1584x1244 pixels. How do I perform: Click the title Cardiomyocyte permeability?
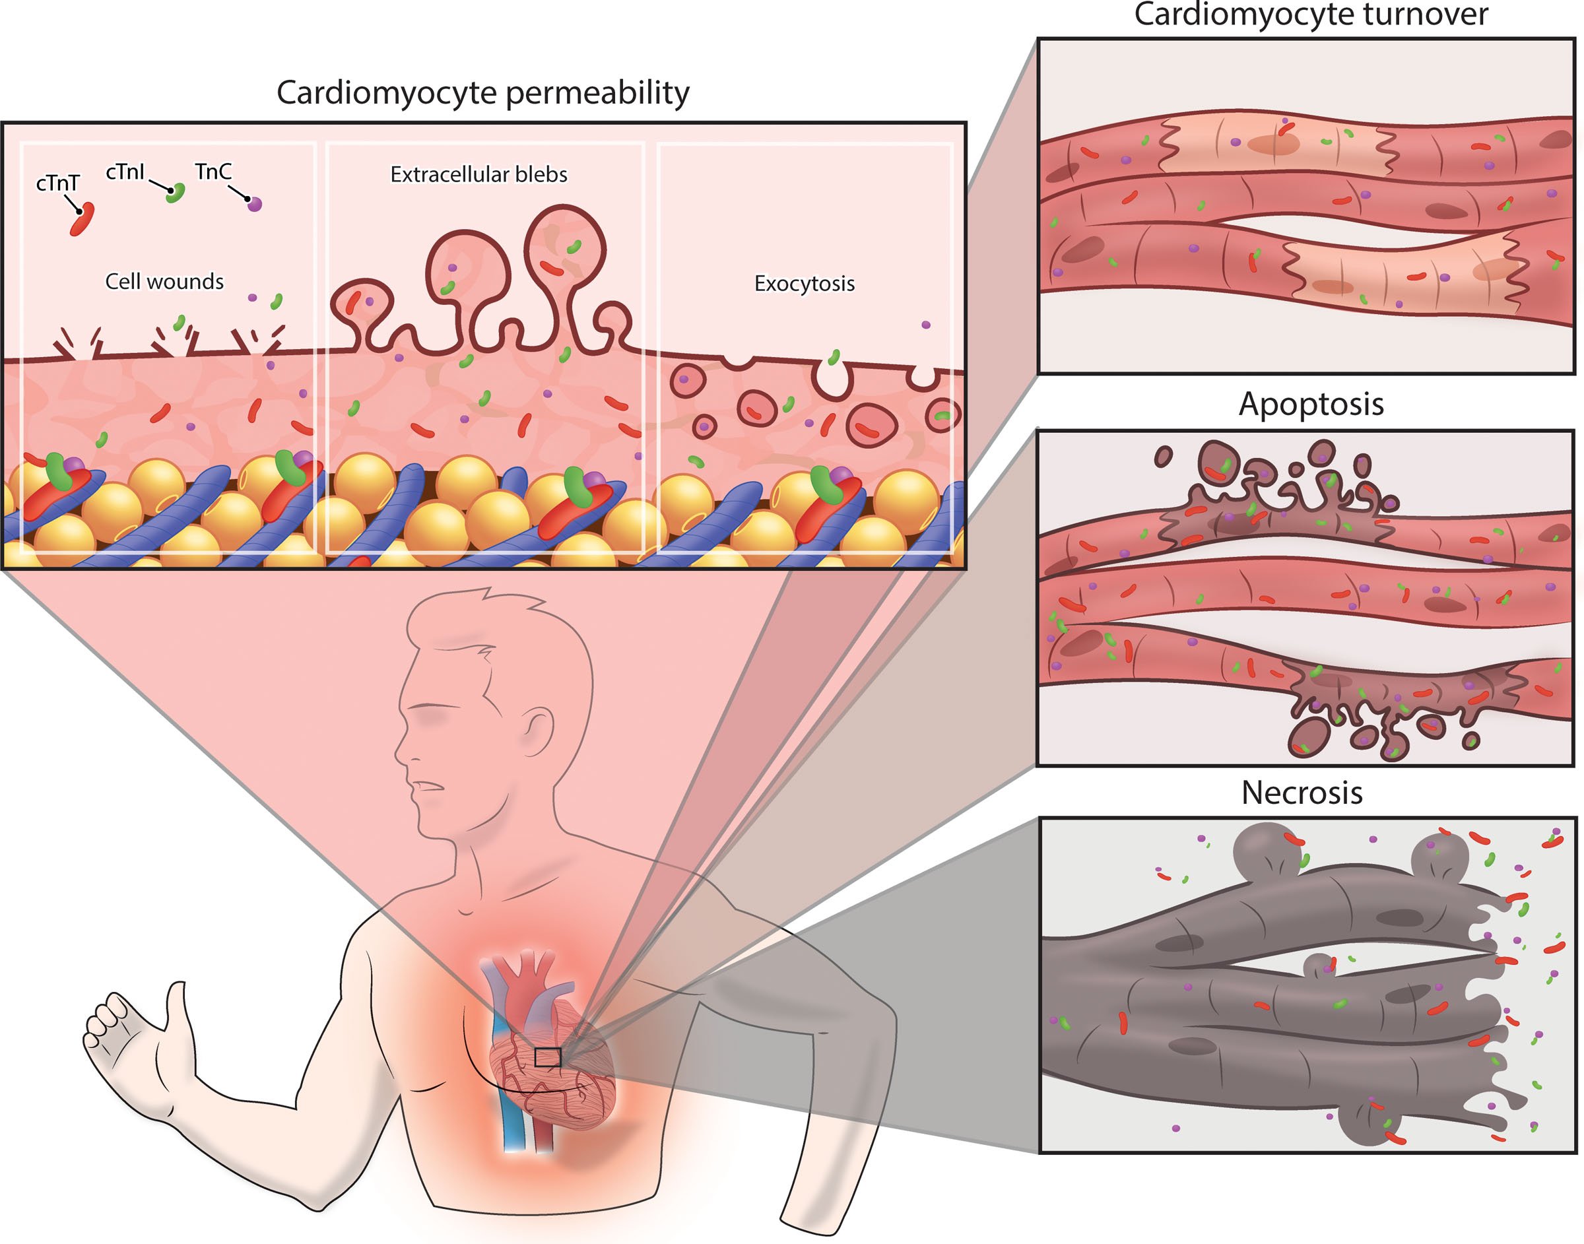[x=483, y=92]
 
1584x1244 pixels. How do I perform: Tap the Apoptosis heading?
[x=1311, y=405]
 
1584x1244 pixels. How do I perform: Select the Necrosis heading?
[x=1302, y=793]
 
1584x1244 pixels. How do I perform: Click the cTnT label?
[x=57, y=183]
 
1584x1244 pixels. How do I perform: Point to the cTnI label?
[x=125, y=172]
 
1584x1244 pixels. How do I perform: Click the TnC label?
[x=213, y=171]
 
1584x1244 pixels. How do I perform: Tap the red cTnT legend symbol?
[x=82, y=218]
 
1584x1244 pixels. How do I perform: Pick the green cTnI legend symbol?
[x=175, y=192]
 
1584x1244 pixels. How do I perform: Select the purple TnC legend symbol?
[x=254, y=204]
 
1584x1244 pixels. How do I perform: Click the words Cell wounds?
[x=164, y=281]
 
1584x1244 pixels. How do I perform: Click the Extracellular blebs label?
[x=478, y=174]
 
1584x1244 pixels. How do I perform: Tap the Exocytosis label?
[x=804, y=283]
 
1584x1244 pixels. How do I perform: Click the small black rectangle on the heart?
[x=547, y=1057]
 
